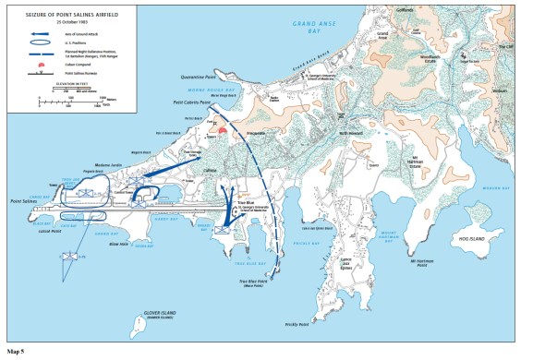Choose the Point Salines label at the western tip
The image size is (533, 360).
tap(23, 200)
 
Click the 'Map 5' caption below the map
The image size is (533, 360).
tap(16, 352)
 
